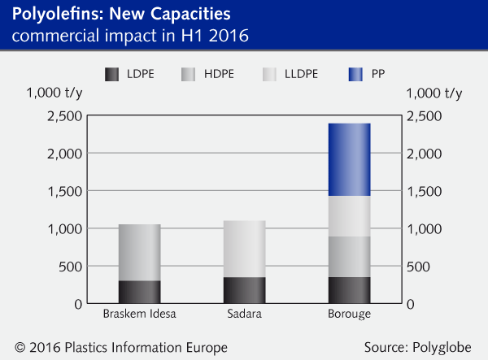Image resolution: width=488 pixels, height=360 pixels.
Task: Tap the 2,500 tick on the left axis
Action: [x=65, y=115]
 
